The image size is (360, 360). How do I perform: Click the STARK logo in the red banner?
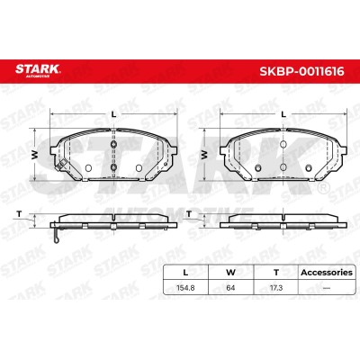(38, 71)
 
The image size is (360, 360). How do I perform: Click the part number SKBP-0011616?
(301, 71)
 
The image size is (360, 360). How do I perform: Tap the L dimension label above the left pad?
(113, 114)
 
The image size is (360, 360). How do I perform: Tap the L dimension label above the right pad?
(283, 114)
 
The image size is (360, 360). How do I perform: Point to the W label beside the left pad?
(35, 155)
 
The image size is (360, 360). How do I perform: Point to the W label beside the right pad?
(204, 155)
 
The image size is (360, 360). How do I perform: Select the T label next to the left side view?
(19, 214)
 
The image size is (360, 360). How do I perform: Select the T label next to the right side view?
(189, 214)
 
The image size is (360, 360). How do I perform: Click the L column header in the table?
(185, 273)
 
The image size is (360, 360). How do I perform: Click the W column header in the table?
(230, 273)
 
